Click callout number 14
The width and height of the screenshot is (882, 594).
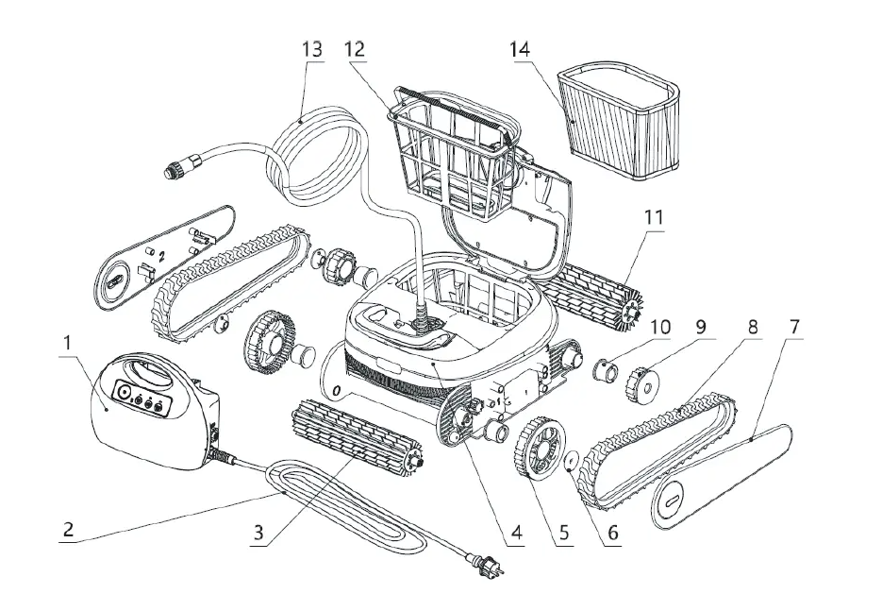pyautogui.click(x=521, y=49)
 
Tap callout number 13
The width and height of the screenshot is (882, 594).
pyautogui.click(x=313, y=49)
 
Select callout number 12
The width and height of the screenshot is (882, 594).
pyautogui.click(x=355, y=49)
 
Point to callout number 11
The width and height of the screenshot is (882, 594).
pyautogui.click(x=654, y=217)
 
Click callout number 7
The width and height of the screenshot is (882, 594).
pyautogui.click(x=794, y=327)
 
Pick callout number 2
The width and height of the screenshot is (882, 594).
pyautogui.click(x=68, y=529)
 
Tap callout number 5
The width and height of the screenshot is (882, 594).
pyautogui.click(x=564, y=532)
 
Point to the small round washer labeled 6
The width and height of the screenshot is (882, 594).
pyautogui.click(x=571, y=461)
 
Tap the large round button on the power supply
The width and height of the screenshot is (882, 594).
pyautogui.click(x=125, y=390)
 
